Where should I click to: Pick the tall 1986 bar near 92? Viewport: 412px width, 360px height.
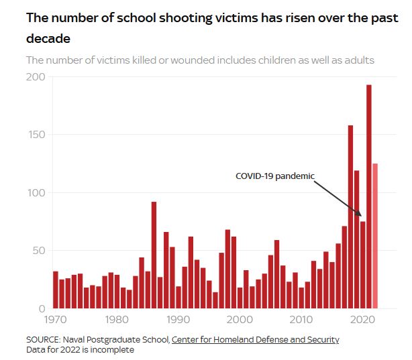point(154,255)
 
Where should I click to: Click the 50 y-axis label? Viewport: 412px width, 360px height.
point(38,251)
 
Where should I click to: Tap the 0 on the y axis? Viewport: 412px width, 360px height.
point(42,309)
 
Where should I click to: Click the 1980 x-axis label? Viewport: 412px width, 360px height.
point(117,320)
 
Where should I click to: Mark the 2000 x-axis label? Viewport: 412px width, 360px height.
point(240,320)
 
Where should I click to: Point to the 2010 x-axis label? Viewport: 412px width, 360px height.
point(302,320)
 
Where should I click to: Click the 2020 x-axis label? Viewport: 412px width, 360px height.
point(363,320)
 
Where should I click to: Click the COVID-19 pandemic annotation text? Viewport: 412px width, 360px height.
point(274,176)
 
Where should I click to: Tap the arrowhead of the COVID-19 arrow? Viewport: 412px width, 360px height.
point(360,216)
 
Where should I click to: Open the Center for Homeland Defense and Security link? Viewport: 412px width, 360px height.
point(255,340)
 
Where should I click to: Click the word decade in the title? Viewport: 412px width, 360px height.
point(48,39)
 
